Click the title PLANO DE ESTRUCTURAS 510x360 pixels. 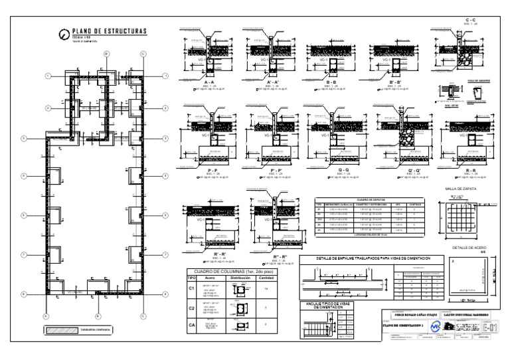pyautogui.click(x=110, y=31)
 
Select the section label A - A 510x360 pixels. pyautogui.click(x=210, y=82)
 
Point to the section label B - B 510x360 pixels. pyautogui.click(x=332, y=82)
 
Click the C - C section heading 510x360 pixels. pyautogui.click(x=470, y=21)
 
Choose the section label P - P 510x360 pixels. pyautogui.click(x=212, y=170)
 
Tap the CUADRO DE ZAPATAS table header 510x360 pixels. pyautogui.click(x=371, y=199)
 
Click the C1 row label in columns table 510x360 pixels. pyautogui.click(x=191, y=289)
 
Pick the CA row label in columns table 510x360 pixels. pyautogui.click(x=191, y=324)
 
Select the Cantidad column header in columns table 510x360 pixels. pyautogui.click(x=266, y=278)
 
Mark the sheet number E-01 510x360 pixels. pyautogui.click(x=490, y=327)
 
